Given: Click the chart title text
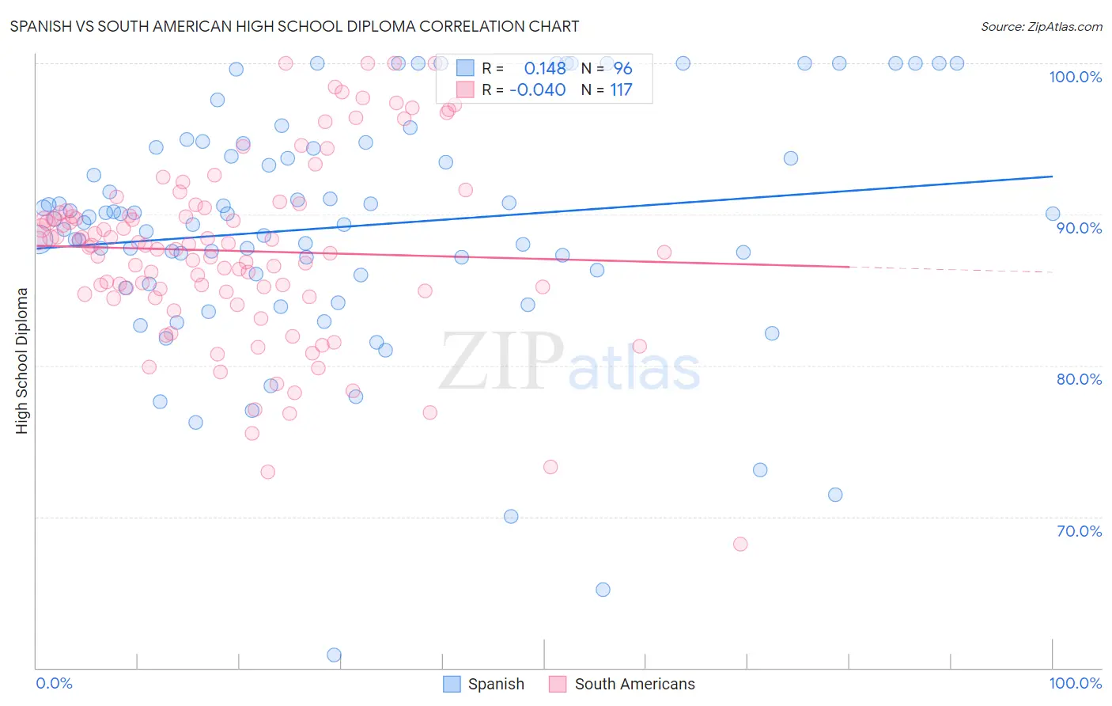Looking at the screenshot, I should tap(294, 26).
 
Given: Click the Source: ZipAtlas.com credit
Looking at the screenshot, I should tap(1041, 26).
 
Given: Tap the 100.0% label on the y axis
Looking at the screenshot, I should tap(1075, 77).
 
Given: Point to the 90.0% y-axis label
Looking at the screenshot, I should tap(1079, 228).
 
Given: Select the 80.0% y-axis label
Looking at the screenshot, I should tap(1079, 379).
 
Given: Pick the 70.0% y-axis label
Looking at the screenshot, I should tap(1079, 531).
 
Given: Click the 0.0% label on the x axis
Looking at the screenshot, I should tap(54, 683).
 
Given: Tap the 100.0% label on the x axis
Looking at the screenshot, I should tap(1075, 683).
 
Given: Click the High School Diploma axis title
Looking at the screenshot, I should tap(22, 360).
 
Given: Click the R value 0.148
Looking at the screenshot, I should tap(545, 68).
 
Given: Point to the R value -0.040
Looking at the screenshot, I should tap(538, 89).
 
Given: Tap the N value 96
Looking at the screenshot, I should tap(623, 68).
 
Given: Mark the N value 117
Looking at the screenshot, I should tap(621, 89).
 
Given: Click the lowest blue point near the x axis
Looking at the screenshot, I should tap(334, 655).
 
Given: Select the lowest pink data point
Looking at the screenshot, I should tap(740, 544).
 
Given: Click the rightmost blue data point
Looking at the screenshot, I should tap(1053, 214).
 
